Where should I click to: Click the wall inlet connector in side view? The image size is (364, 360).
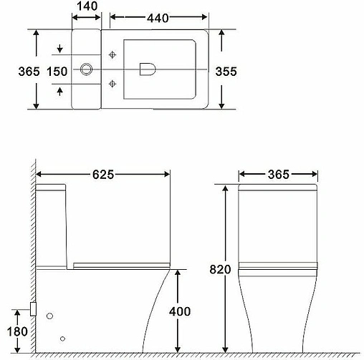[x=33, y=310]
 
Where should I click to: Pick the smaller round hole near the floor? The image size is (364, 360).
[x=63, y=339]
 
